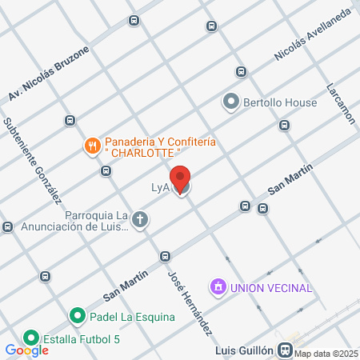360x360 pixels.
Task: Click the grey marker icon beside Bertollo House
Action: (x=231, y=102)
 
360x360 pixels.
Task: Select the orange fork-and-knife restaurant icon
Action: (x=93, y=146)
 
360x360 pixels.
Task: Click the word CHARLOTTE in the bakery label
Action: (x=145, y=152)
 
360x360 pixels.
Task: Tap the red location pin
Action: (x=181, y=178)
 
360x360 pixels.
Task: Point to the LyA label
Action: (x=162, y=188)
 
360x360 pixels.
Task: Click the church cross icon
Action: (x=140, y=220)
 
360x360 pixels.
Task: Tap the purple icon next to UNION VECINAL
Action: (x=217, y=286)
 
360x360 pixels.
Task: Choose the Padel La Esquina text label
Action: (x=131, y=317)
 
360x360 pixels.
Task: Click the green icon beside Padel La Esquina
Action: (x=78, y=317)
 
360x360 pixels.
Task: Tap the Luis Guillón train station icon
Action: (x=285, y=350)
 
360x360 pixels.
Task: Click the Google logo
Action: (x=26, y=350)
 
